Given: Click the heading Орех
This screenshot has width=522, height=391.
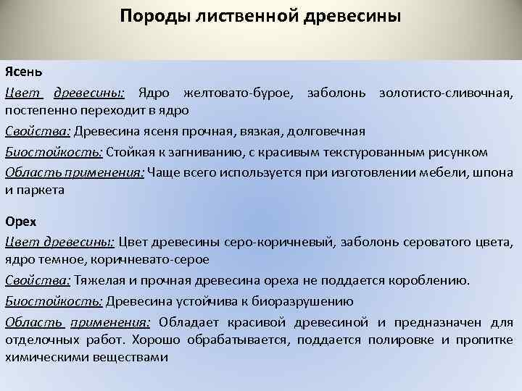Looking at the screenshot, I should tap(20, 221).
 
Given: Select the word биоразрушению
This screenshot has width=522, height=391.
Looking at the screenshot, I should tap(302, 301).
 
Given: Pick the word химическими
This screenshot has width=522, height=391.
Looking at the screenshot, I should tap(39, 357).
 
